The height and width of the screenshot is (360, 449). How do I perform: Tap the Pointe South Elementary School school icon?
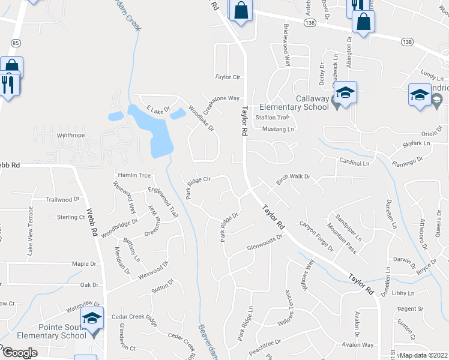92,318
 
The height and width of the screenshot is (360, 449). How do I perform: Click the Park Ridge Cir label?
198,188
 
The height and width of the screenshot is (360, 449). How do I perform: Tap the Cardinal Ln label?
354,163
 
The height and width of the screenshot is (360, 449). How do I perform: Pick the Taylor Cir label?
228,77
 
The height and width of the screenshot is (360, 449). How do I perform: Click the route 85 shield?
15,43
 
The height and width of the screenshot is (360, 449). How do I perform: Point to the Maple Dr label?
84,263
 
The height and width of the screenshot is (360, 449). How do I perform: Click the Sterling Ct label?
71,217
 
